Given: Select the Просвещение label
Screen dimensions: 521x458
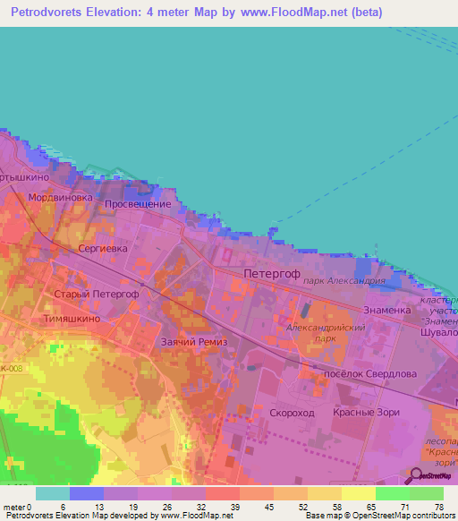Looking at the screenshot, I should (x=137, y=204).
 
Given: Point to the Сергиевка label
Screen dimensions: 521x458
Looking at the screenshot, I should (x=103, y=247).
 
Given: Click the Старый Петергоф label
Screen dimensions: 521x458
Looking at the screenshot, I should (x=96, y=294).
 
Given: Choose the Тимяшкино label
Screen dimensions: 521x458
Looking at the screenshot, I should (x=88, y=318).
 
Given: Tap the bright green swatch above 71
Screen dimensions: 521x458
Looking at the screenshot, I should (x=392, y=493).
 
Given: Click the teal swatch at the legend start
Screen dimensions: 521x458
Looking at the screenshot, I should (x=53, y=493).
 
